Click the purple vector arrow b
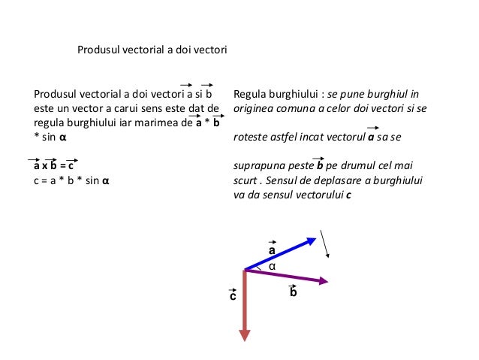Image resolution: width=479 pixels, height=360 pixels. coord(285,276)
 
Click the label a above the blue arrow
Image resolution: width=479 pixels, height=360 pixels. coord(272,249)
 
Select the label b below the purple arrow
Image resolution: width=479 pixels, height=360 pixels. coord(294,292)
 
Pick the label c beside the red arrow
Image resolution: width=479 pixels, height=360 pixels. coord(233,297)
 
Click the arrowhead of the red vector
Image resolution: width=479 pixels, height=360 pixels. coord(244,334)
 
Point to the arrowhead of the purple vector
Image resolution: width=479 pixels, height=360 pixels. coord(324,282)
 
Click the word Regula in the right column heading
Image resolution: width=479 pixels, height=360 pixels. coord(250,95)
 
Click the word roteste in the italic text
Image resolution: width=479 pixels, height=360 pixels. coord(252,138)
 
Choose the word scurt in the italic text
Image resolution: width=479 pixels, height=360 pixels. coord(246,180)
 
